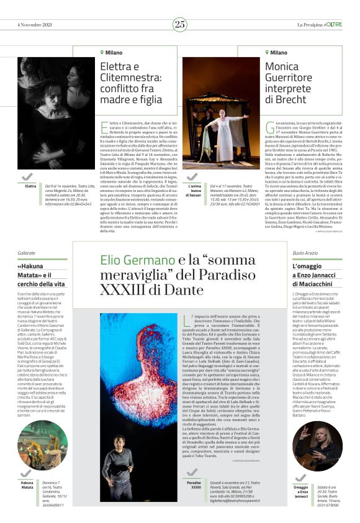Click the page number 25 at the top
point(180,24)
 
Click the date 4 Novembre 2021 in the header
point(34,24)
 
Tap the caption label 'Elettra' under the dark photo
point(30,186)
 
